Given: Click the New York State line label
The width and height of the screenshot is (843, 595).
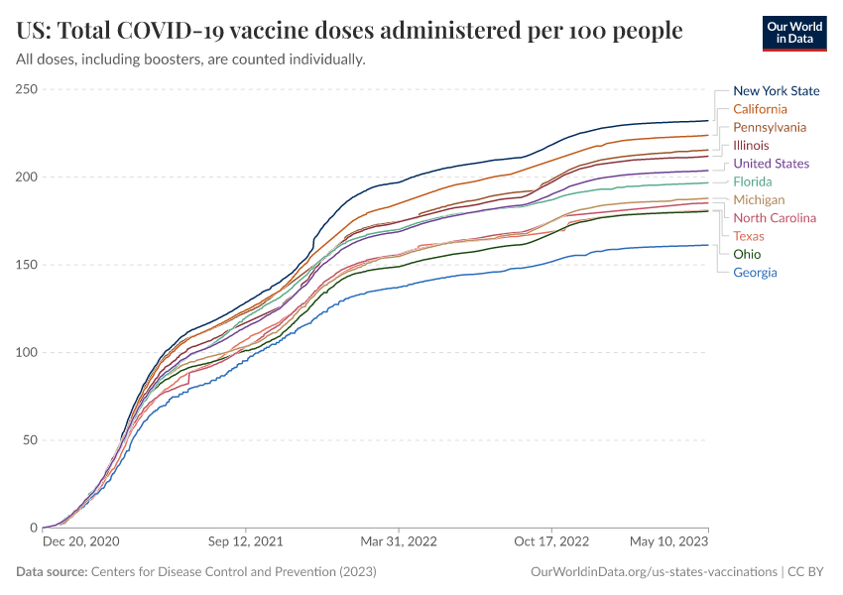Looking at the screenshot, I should [776, 91].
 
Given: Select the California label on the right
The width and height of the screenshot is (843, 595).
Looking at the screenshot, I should [760, 109].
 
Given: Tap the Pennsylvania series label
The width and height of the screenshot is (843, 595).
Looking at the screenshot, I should [769, 127].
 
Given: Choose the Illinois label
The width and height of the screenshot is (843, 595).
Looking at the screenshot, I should [751, 146].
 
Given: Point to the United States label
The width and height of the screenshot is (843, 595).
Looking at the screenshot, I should [771, 164].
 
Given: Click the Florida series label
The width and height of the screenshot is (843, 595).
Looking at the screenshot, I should [753, 181].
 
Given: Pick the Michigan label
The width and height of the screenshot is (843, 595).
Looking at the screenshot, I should [759, 200].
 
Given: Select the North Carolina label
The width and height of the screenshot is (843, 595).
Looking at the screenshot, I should [775, 218].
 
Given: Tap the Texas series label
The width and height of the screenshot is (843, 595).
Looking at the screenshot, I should [749, 236].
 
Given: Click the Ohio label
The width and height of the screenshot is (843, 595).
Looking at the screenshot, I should [747, 255].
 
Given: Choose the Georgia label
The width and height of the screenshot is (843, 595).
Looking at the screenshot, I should [755, 273].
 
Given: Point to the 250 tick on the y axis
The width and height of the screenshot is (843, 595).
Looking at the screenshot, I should [27, 90].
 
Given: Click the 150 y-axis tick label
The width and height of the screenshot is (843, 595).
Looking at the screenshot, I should [27, 265].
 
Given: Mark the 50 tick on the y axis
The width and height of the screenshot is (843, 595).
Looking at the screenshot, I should [30, 440].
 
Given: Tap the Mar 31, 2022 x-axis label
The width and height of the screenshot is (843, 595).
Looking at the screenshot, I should [398, 542].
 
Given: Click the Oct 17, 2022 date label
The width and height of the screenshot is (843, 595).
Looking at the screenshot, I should [552, 542].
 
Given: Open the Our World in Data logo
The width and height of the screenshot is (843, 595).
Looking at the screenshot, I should [794, 33].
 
